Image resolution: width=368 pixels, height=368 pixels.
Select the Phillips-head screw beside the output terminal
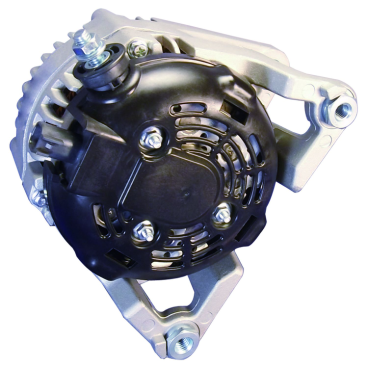(x=137, y=49)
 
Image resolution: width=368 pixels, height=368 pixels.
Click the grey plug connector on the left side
(x=43, y=137)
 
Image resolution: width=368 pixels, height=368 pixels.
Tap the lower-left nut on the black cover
(x=141, y=231)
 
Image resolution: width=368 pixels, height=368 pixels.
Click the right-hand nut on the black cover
(x=222, y=215)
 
